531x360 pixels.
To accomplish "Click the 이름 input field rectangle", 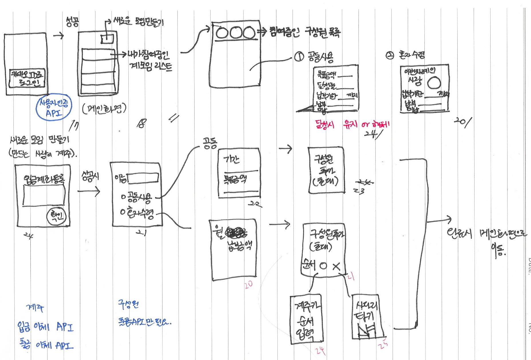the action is (143, 178).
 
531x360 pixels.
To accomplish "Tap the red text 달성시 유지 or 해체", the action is (352, 125).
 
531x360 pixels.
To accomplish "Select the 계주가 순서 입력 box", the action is (306, 319).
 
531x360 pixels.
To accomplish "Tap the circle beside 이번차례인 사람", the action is (434, 83).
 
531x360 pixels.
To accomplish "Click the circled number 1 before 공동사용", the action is (299, 57).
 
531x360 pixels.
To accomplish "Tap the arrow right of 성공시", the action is (89, 191).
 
